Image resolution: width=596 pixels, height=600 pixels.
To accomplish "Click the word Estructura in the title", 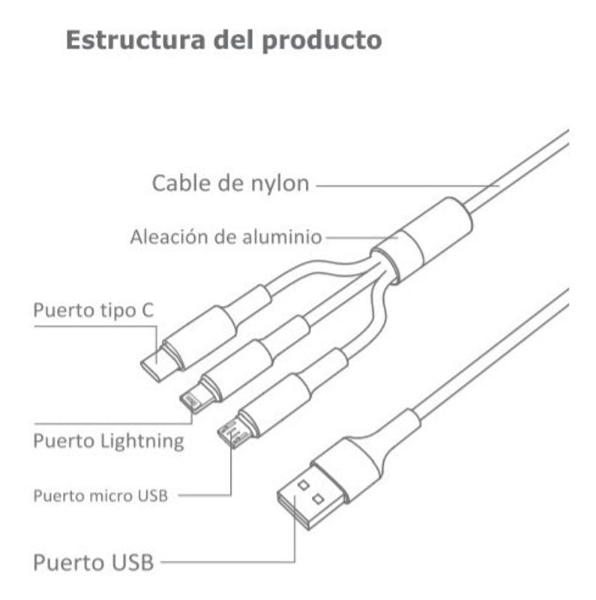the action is [136, 40].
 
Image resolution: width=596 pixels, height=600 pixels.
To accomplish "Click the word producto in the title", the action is [322, 41].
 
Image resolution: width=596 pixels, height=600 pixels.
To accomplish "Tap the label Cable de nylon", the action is [231, 183].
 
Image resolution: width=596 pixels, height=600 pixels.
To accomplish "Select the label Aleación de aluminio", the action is [226, 237].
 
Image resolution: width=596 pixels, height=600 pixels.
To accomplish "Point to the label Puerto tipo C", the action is [94, 310].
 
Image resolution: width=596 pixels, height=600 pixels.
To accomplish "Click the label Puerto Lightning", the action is [109, 441].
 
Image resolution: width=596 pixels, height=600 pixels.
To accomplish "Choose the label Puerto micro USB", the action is [100, 496].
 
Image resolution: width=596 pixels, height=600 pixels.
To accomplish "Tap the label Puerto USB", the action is [94, 562].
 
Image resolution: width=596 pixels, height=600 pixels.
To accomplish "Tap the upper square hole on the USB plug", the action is [304, 485].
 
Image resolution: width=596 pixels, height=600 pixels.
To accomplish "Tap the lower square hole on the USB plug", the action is [318, 499].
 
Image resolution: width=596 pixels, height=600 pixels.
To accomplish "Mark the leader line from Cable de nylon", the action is [408, 186].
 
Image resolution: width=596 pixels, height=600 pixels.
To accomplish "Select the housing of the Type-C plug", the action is [199, 337].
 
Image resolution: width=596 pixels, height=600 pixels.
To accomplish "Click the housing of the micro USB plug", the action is [274, 406].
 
